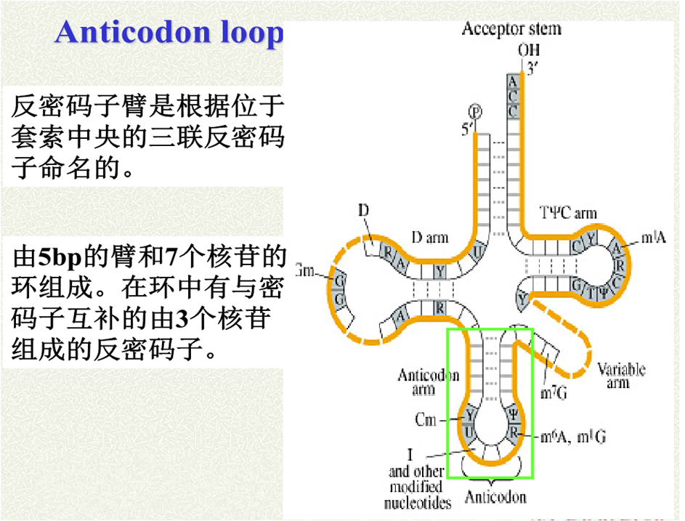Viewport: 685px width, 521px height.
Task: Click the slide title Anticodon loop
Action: point(169,33)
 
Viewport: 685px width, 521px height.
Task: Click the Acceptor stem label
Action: point(511,29)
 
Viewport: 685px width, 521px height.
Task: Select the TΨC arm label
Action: point(568,213)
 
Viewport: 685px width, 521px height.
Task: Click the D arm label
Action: point(430,237)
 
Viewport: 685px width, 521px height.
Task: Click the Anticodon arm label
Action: point(429,381)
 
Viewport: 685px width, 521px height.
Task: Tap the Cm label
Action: point(426,419)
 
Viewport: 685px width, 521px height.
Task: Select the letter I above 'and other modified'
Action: point(410,456)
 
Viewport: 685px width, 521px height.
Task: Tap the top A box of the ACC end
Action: point(513,81)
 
